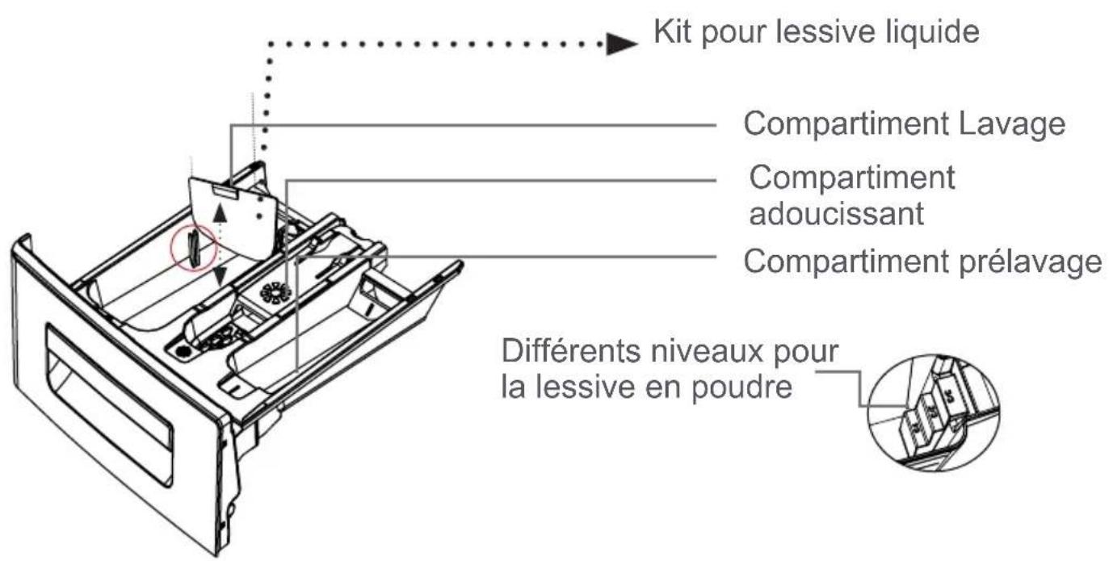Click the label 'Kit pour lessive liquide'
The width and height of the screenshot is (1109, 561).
click(x=816, y=33)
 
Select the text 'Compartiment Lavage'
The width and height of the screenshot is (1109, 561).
click(x=904, y=125)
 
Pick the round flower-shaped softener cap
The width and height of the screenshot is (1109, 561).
click(x=275, y=291)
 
